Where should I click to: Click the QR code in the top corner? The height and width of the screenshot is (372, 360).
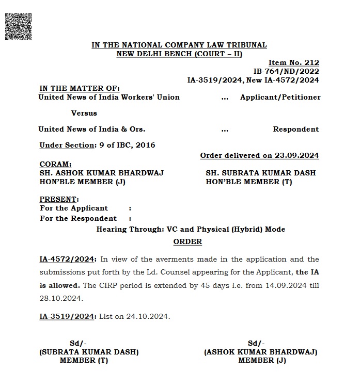pyautogui.click(x=18, y=24)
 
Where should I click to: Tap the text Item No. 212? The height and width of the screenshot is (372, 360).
pyautogui.click(x=293, y=62)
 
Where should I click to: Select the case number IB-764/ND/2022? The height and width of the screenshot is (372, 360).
pyautogui.click(x=286, y=71)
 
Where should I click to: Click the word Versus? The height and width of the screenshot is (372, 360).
pyautogui.click(x=84, y=113)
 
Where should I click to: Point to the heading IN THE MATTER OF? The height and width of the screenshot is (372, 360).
pyautogui.click(x=79, y=88)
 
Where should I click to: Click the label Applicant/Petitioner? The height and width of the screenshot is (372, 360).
pyautogui.click(x=280, y=97)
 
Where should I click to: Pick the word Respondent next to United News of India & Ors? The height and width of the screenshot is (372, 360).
pyautogui.click(x=295, y=129)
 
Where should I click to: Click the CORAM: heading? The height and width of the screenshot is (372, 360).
pyautogui.click(x=55, y=164)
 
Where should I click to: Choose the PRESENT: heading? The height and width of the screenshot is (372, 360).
pyautogui.click(x=59, y=199)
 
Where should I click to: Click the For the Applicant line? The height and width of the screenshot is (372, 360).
pyautogui.click(x=74, y=208)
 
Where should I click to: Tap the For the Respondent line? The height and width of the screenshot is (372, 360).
pyautogui.click(x=78, y=218)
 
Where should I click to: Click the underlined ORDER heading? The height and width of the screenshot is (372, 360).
pyautogui.click(x=187, y=241)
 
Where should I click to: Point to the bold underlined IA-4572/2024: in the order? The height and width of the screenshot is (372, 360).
pyautogui.click(x=68, y=259)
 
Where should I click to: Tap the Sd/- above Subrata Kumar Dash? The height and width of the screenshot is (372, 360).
pyautogui.click(x=79, y=343)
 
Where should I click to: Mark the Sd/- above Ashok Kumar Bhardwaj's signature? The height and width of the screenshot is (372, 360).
pyautogui.click(x=256, y=343)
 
